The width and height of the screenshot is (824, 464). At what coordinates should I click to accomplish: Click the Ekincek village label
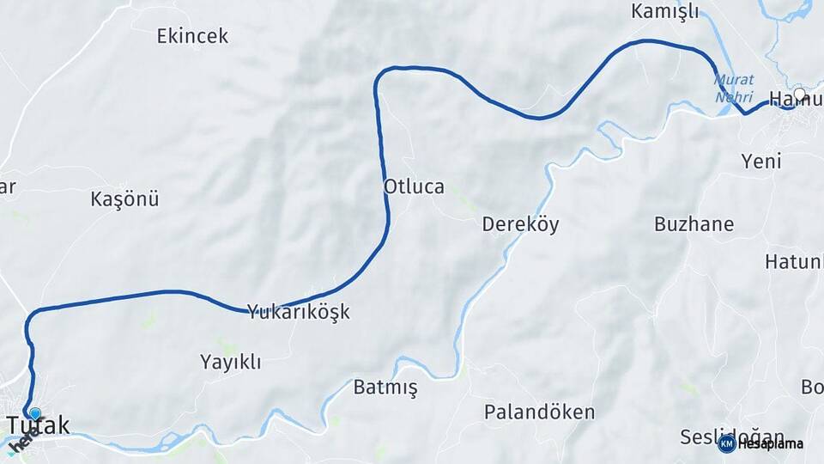(x=192, y=36)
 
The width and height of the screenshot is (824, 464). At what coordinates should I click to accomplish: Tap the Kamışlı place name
(x=665, y=11)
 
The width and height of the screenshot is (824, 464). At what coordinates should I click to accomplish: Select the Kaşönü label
(x=124, y=199)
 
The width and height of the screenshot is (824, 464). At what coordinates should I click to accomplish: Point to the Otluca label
(x=414, y=186)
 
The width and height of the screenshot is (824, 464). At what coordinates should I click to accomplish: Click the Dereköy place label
(x=520, y=225)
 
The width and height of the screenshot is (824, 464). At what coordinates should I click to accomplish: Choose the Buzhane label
(x=694, y=224)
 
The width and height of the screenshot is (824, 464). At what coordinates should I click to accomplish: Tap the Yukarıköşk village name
(x=299, y=312)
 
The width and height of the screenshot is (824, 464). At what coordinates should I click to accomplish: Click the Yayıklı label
(x=230, y=361)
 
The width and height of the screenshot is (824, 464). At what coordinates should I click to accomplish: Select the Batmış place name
(x=385, y=388)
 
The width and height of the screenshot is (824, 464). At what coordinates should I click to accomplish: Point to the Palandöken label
(x=539, y=412)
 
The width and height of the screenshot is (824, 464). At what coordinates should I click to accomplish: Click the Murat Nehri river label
(x=734, y=88)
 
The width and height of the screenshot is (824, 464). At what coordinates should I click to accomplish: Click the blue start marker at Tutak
(x=34, y=413)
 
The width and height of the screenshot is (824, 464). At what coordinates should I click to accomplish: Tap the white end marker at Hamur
(x=800, y=95)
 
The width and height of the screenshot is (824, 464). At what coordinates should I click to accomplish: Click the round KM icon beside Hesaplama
(x=726, y=443)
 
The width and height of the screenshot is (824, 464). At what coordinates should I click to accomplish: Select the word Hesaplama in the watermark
(x=770, y=444)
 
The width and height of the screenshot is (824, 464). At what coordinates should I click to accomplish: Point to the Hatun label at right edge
(x=794, y=261)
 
